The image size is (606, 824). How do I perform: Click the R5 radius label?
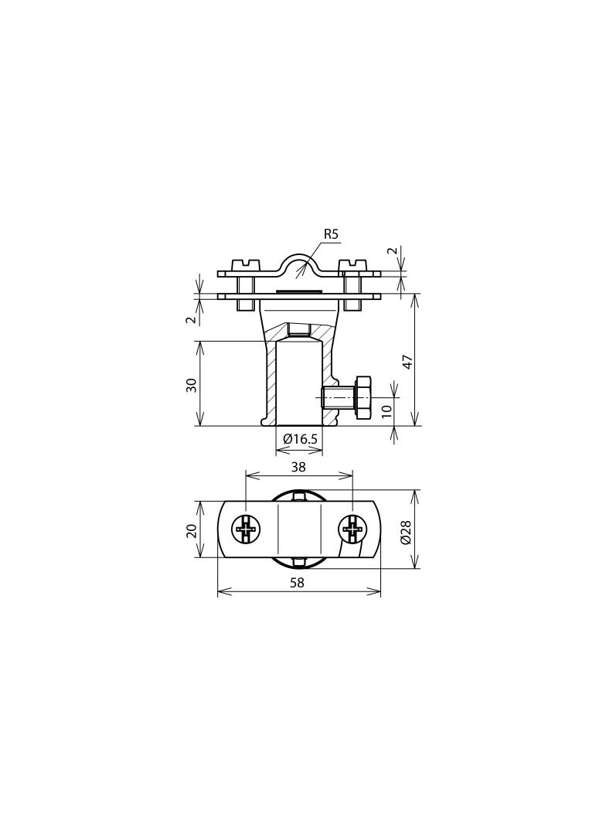point(331,234)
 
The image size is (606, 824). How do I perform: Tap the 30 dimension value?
point(191,384)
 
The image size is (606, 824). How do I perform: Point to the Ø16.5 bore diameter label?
point(300,439)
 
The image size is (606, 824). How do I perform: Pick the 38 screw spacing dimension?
point(298,466)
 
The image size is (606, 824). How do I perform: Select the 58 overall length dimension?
point(297,583)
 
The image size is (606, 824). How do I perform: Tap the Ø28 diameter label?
point(407,530)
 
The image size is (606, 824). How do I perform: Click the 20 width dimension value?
point(191,529)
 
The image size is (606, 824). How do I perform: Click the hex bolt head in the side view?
point(363,398)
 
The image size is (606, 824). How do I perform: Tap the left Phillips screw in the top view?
point(247,529)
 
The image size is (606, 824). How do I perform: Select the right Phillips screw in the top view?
point(352,529)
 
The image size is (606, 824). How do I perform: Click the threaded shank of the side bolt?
point(338,398)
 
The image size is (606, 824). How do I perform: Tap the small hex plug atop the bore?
point(298,331)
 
